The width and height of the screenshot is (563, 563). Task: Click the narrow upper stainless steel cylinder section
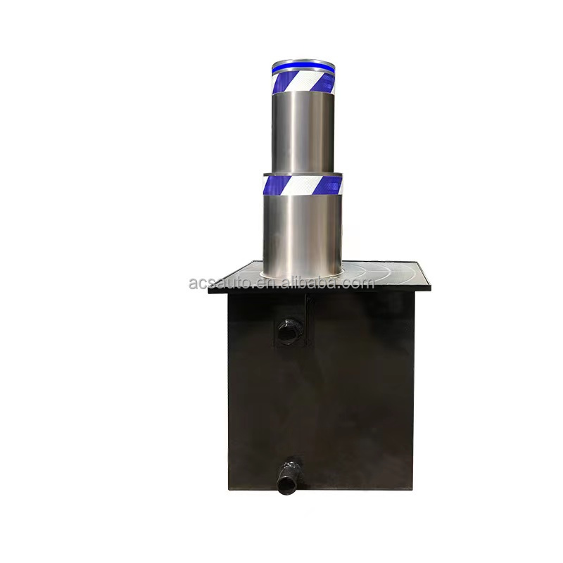tap(303, 133)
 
